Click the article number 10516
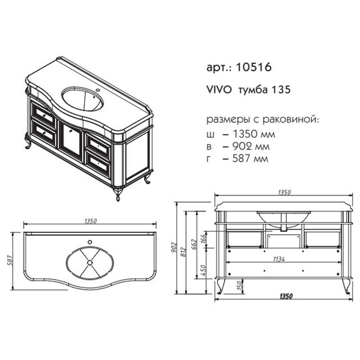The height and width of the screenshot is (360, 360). [254, 67]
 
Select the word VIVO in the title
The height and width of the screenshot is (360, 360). [219, 90]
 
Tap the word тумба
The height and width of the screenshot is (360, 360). [253, 90]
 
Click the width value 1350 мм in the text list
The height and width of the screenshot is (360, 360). [254, 134]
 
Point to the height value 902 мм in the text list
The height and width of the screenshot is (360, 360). [251, 146]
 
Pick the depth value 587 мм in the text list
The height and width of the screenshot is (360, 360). [250, 158]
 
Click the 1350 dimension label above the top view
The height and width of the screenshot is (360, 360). [90, 221]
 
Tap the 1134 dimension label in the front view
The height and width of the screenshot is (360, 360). [279, 259]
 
